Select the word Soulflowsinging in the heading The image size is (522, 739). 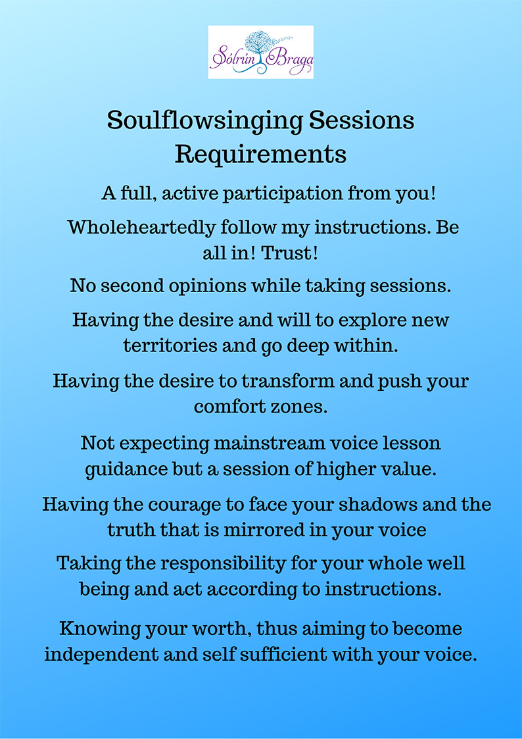(204, 122)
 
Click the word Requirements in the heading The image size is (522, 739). (261, 155)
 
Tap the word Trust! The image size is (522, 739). (289, 253)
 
